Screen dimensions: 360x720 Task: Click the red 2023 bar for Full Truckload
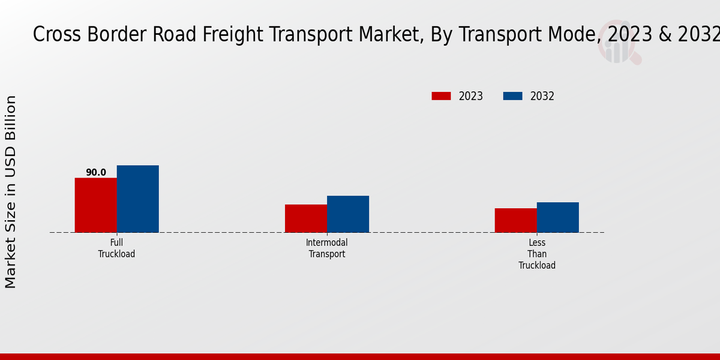(x=95, y=205)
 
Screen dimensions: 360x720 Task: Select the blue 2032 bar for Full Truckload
(x=137, y=199)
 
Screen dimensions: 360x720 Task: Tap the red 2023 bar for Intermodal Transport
(x=306, y=218)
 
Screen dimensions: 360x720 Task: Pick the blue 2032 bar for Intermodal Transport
(x=348, y=214)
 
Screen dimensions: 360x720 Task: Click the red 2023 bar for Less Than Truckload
(x=515, y=220)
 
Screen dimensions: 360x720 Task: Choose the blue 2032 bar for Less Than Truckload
(x=557, y=217)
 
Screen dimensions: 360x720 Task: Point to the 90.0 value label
(x=96, y=173)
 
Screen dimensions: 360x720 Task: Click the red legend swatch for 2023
(x=441, y=96)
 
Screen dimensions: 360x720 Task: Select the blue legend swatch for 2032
(x=512, y=96)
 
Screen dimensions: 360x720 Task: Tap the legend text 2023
(x=471, y=96)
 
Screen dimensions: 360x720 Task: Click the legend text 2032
(x=542, y=96)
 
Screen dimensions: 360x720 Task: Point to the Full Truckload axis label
(x=117, y=248)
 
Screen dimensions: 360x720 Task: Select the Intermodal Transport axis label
(x=327, y=248)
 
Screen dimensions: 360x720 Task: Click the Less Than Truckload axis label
(x=537, y=254)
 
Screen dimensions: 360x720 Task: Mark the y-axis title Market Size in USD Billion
(x=11, y=192)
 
